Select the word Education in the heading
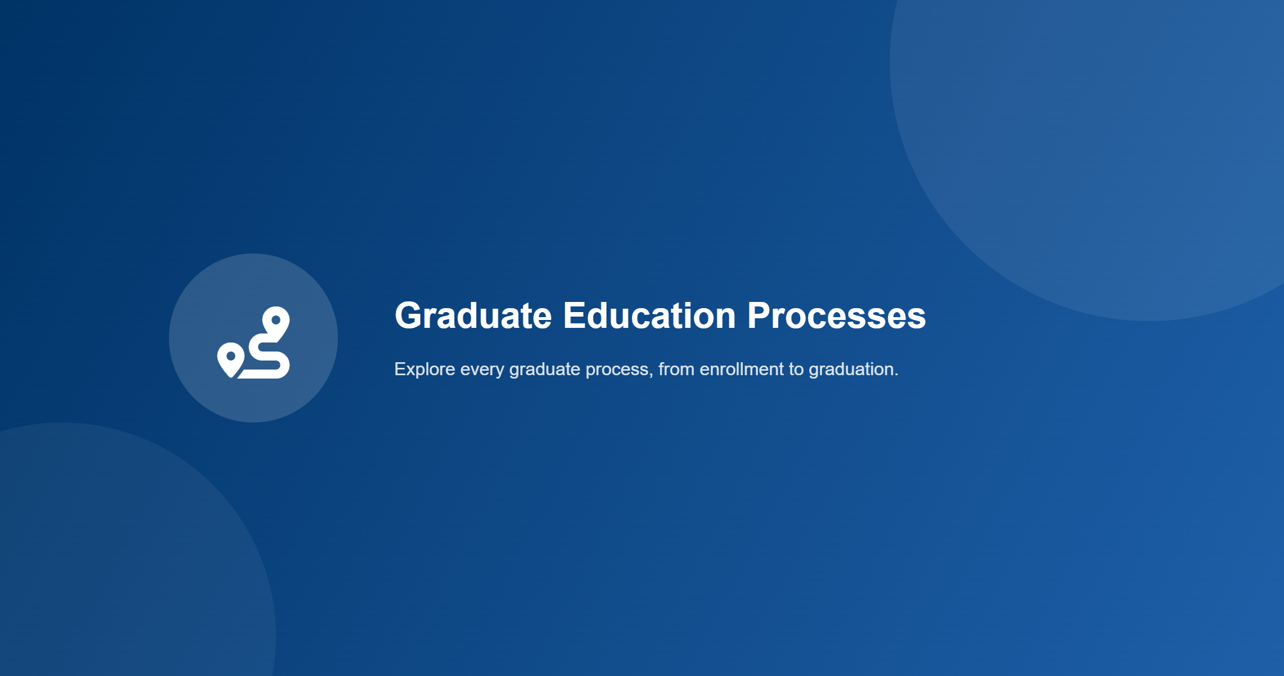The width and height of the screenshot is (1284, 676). tap(649, 315)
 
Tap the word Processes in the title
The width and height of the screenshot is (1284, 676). tap(836, 315)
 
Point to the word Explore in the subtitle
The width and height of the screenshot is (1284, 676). tap(425, 370)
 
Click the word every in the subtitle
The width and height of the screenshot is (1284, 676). tap(482, 371)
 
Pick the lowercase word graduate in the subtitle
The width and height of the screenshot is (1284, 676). tap(545, 371)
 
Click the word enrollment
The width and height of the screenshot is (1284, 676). tap(742, 369)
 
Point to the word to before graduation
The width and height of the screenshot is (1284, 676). tap(796, 370)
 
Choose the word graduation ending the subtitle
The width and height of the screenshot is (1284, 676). tap(851, 371)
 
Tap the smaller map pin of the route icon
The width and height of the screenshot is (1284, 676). tap(230, 360)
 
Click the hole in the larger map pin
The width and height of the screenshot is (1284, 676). tap(276, 320)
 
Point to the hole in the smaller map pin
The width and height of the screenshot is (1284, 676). tap(230, 356)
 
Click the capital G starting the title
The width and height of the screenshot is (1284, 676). tap(410, 315)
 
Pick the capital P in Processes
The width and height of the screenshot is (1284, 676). tap(760, 315)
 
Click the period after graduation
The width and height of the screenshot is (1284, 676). tap(896, 375)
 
